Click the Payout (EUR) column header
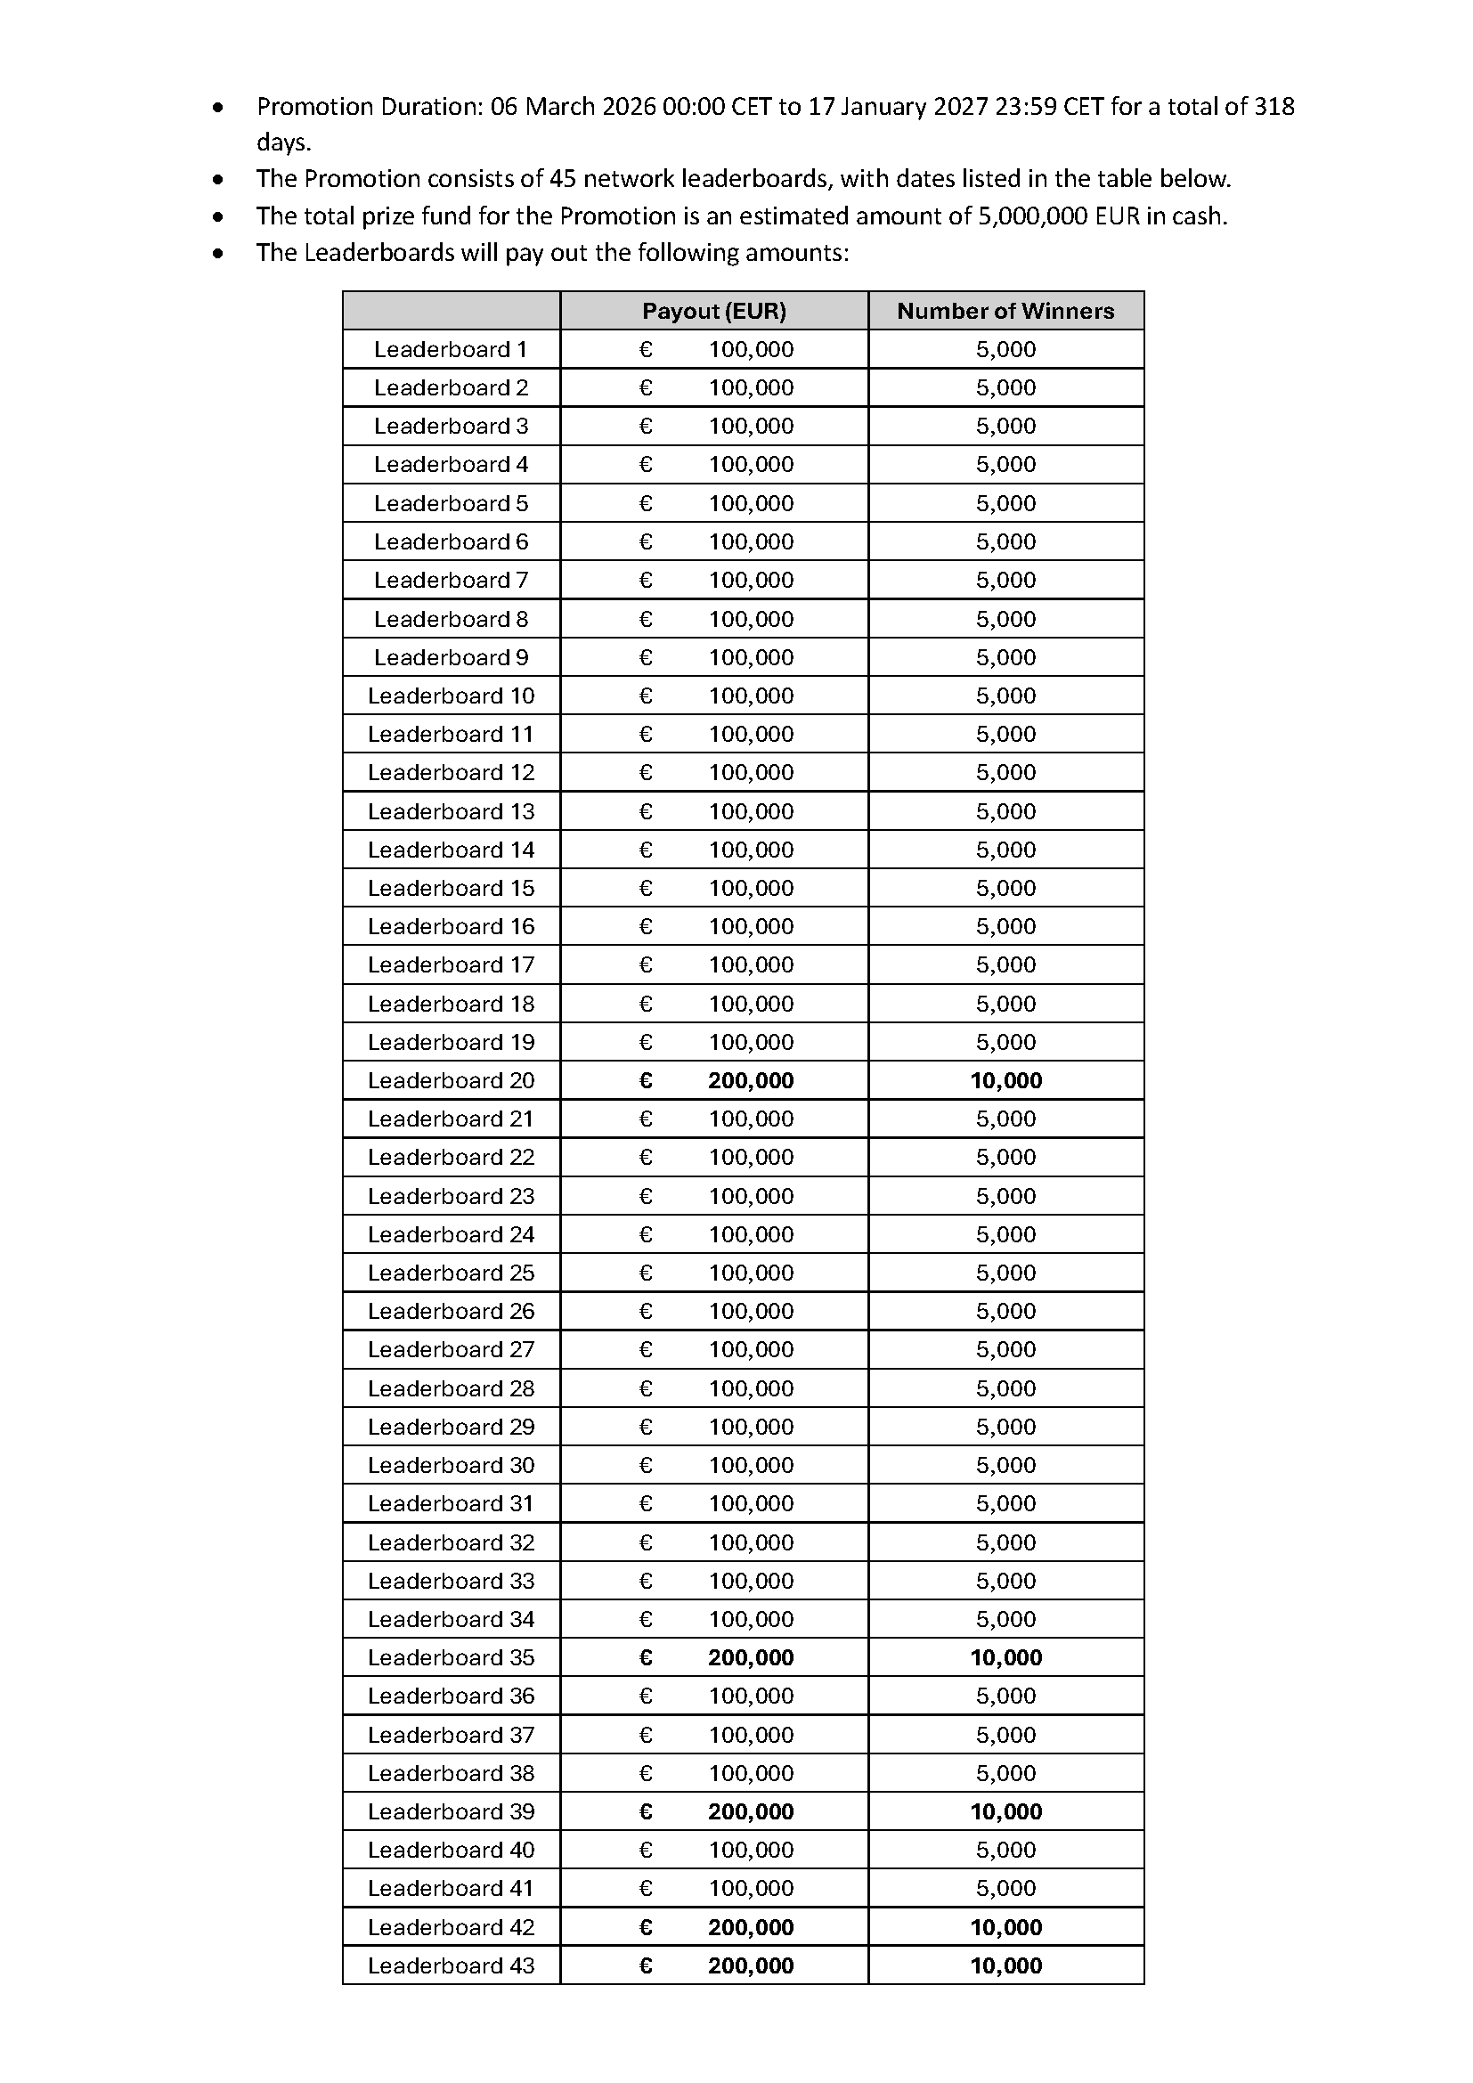point(714,311)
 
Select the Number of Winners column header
point(1005,311)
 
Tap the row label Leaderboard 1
point(450,349)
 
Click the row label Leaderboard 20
point(451,1080)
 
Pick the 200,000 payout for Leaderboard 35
point(750,1657)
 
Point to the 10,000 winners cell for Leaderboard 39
point(1005,1811)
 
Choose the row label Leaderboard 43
point(451,1966)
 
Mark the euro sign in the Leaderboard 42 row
point(646,1927)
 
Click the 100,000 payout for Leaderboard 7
point(750,580)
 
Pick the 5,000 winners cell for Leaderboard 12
point(1005,772)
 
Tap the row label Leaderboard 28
point(451,1388)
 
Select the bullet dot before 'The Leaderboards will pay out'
point(217,253)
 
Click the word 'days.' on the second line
point(283,142)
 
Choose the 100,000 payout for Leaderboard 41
point(750,1889)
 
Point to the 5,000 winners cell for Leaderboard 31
point(1005,1503)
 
